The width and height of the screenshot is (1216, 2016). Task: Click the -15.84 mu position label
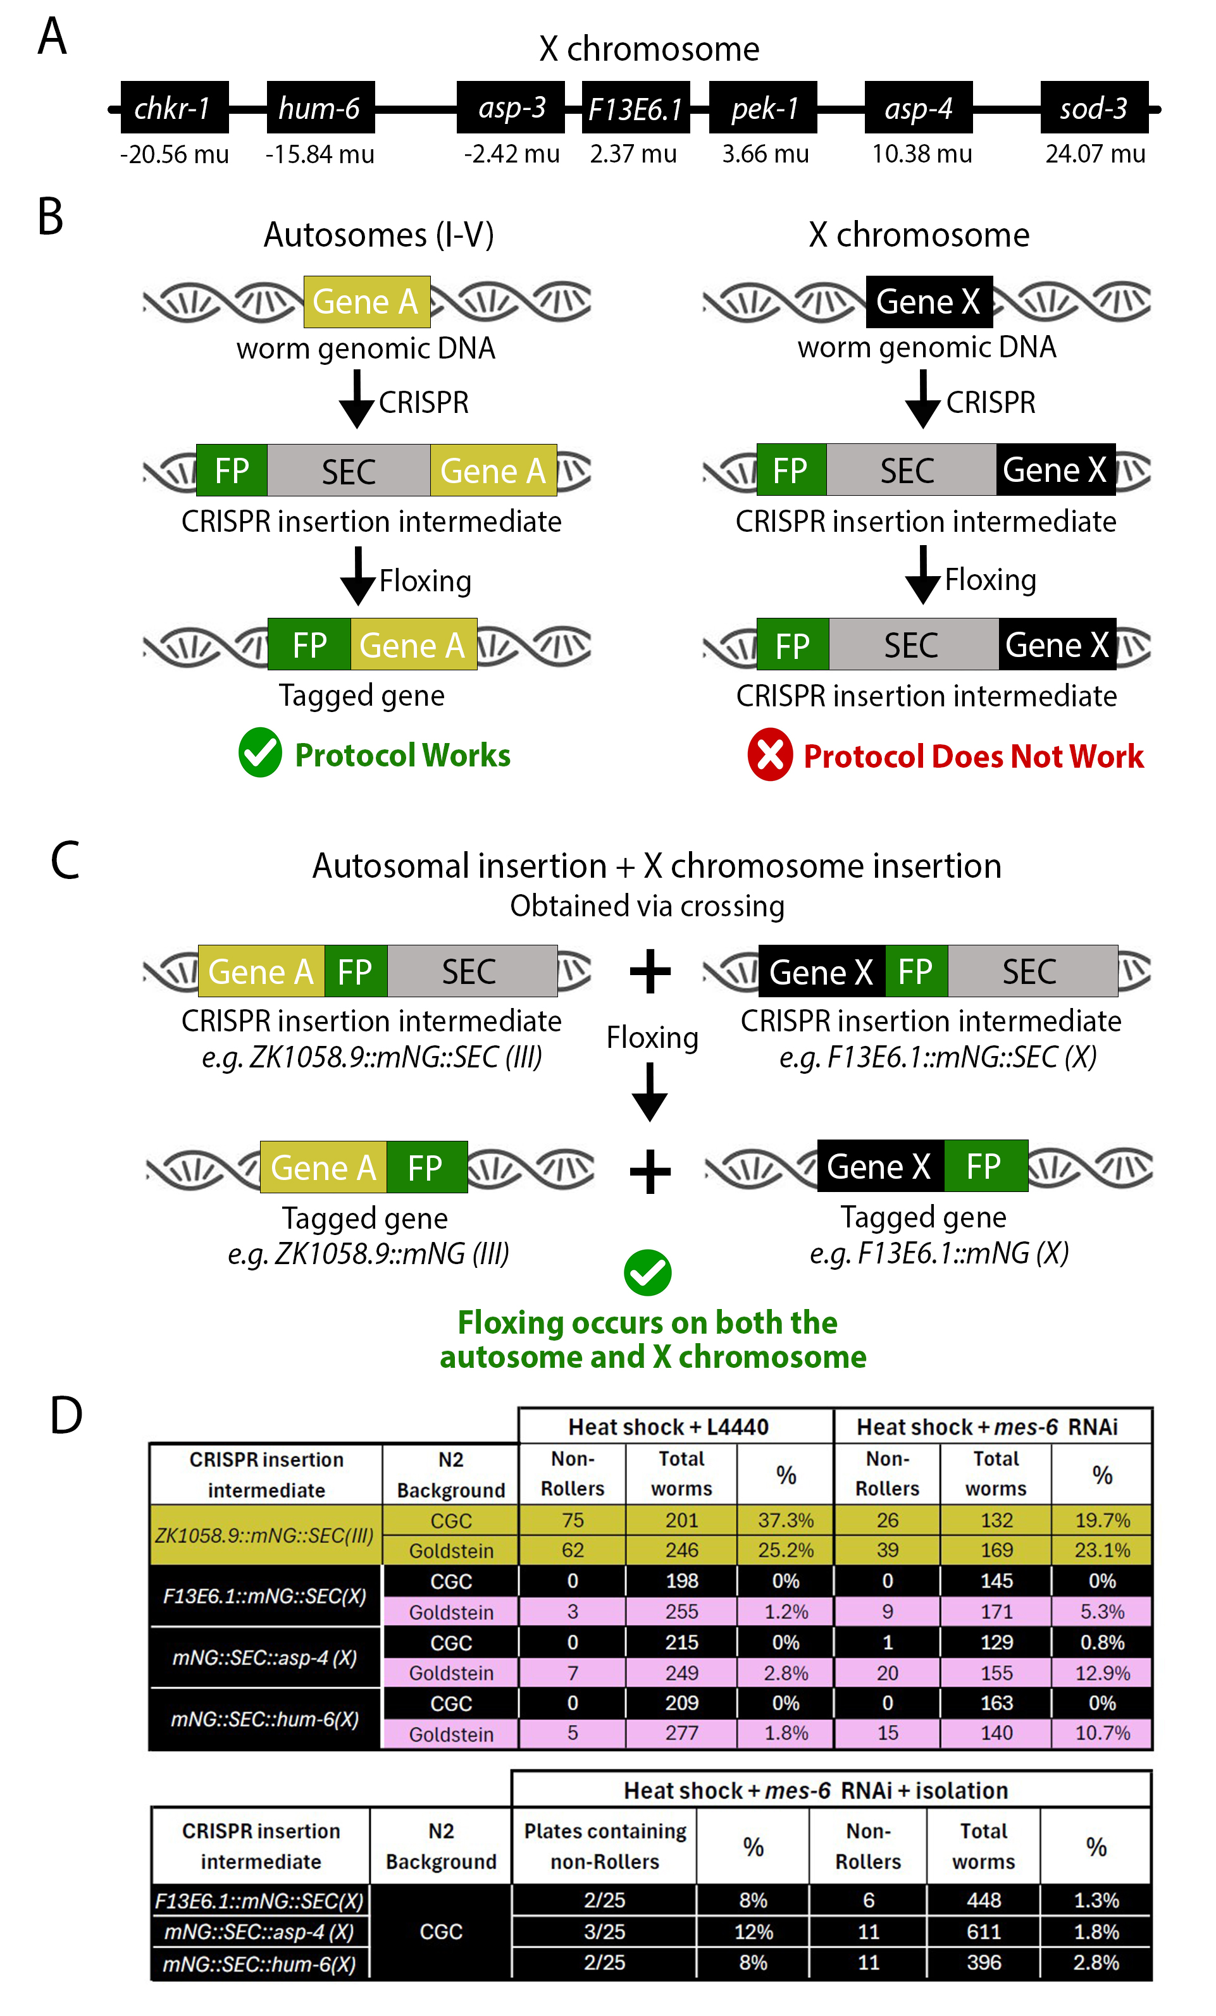tap(320, 154)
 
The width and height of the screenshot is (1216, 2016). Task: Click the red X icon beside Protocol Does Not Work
tap(769, 754)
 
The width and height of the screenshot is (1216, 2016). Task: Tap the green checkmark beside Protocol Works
tap(260, 752)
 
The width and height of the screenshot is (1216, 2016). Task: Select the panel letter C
tap(65, 861)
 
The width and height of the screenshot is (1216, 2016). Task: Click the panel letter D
tap(65, 1415)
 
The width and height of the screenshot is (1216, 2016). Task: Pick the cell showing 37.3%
tap(786, 1520)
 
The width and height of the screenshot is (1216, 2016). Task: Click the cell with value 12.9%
tap(1101, 1673)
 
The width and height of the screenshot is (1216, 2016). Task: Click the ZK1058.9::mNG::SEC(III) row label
tap(265, 1535)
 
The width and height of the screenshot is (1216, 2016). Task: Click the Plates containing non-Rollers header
tap(605, 1846)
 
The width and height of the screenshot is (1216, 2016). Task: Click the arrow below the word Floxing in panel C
tap(650, 1092)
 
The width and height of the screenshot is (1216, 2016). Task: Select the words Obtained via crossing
tap(647, 906)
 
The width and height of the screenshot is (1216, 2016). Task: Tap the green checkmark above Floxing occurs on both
tap(647, 1272)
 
